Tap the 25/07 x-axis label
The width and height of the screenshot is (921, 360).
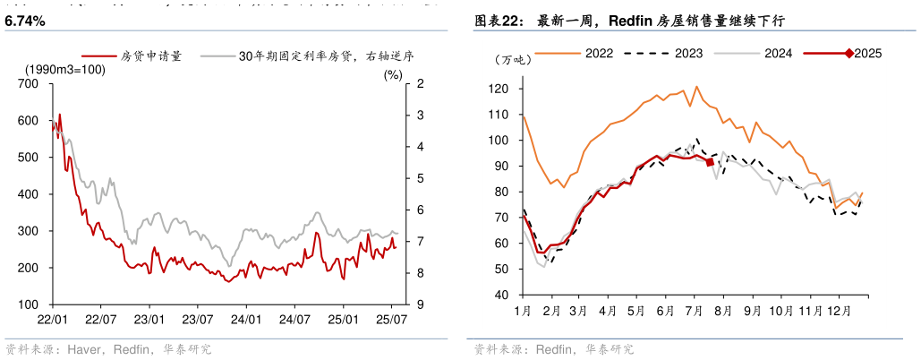[392, 318]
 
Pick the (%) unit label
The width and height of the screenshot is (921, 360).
[393, 74]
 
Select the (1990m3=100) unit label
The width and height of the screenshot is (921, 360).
[65, 70]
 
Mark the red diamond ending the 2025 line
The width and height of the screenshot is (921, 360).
[710, 162]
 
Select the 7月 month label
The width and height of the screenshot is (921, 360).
[694, 311]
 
